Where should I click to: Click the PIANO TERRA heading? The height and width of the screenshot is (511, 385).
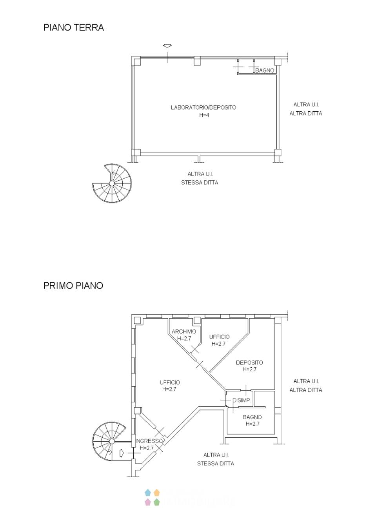74,27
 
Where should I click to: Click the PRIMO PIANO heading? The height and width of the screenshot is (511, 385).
73,285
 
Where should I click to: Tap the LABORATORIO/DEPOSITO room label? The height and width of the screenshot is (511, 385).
203,107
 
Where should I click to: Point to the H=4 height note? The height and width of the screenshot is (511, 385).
204,115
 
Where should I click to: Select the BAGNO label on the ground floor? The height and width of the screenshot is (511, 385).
265,70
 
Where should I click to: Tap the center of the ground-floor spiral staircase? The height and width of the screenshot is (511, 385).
112,183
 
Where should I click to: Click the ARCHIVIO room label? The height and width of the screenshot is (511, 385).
184,332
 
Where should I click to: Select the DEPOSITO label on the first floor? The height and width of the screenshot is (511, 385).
249,362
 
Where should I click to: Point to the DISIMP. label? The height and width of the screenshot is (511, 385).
242,400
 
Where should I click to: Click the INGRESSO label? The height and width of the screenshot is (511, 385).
149,441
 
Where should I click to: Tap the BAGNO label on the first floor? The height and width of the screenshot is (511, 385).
252,417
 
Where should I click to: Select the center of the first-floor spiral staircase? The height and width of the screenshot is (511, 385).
112,441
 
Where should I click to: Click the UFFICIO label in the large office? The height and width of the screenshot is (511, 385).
170,382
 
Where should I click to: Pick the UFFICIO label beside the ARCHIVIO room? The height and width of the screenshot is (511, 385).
219,337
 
